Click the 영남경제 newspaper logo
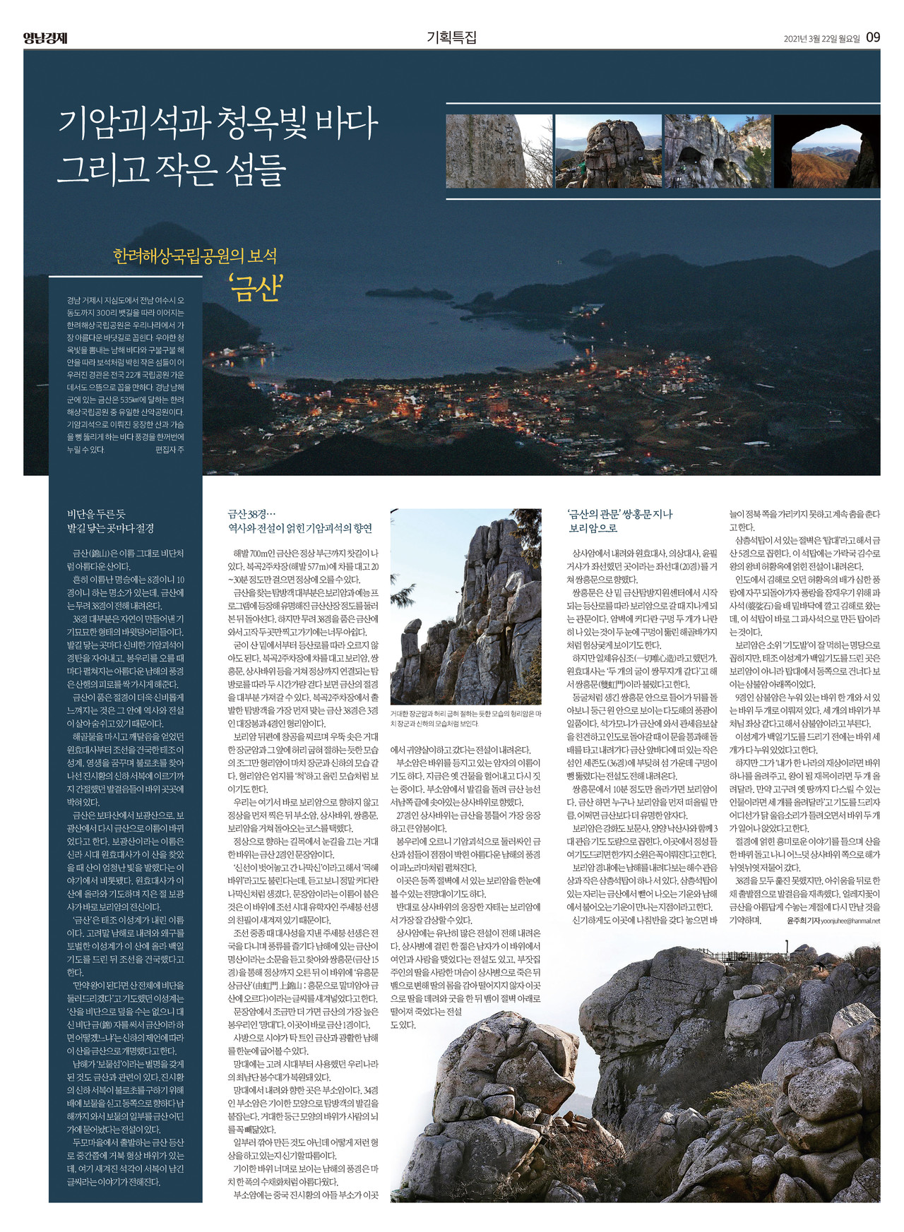click(x=44, y=38)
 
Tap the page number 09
click(x=873, y=37)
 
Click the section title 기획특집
click(x=451, y=37)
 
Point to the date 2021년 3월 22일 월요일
click(x=821, y=39)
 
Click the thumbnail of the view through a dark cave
click(x=826, y=151)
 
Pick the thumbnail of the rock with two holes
click(x=717, y=151)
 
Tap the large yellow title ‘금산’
click(x=256, y=288)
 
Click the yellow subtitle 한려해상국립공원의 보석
click(x=195, y=256)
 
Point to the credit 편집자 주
click(x=169, y=450)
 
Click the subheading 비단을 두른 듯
click(x=96, y=515)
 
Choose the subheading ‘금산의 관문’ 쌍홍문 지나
click(x=620, y=515)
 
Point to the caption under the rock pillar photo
click(x=466, y=719)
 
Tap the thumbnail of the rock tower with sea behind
click(x=608, y=151)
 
